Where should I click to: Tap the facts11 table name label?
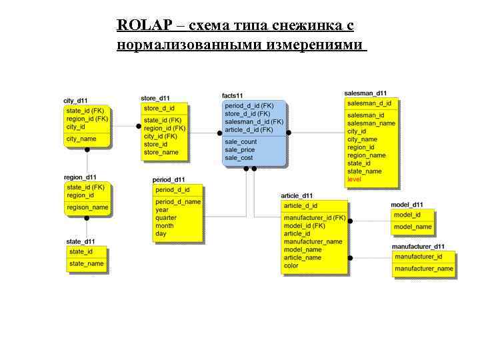[232, 97]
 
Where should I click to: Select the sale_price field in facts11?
[240, 150]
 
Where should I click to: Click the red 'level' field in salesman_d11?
[354, 179]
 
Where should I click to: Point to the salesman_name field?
[371, 123]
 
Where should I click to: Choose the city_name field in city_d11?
[81, 139]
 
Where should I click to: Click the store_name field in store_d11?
[161, 152]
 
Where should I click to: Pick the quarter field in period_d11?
[166, 217]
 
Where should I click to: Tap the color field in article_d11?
[291, 265]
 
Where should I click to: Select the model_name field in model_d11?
[413, 227]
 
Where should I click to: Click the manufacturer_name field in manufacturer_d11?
[423, 269]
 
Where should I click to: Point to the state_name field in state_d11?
[87, 263]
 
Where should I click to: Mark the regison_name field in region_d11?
[87, 207]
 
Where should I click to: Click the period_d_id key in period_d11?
[173, 190]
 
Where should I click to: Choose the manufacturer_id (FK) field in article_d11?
[315, 218]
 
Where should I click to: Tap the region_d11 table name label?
[80, 177]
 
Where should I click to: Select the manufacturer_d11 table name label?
[418, 247]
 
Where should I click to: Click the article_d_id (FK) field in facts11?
[249, 129]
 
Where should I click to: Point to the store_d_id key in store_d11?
[159, 108]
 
